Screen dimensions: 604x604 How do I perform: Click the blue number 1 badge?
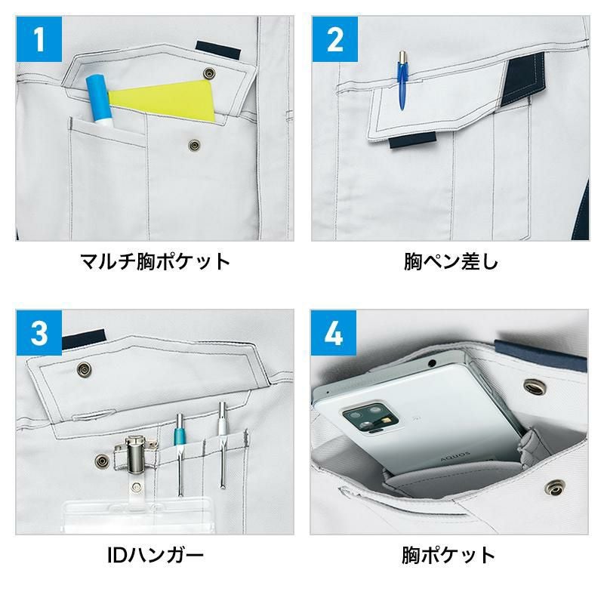click(x=39, y=39)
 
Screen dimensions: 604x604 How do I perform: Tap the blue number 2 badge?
click(x=334, y=39)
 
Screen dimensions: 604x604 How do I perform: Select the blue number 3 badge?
click(x=39, y=333)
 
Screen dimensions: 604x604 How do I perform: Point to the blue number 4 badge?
click(x=334, y=333)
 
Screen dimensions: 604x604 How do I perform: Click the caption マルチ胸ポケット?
click(x=155, y=261)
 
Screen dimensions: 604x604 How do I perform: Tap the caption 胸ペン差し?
click(x=451, y=261)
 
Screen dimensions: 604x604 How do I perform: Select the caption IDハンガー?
click(x=156, y=555)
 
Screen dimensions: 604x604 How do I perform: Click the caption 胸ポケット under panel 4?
click(x=448, y=555)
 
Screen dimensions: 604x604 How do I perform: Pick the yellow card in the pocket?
click(x=162, y=101)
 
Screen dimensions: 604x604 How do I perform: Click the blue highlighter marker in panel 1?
click(x=100, y=101)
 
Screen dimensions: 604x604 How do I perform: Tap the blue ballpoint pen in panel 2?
click(x=402, y=80)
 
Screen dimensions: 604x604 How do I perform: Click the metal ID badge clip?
click(x=136, y=455)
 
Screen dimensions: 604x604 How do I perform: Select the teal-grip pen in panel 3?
click(x=180, y=455)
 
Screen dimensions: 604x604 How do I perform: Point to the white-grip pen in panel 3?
click(x=222, y=445)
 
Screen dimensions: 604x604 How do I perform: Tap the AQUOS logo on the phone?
click(x=455, y=457)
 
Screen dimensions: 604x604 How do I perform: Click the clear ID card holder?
click(x=137, y=515)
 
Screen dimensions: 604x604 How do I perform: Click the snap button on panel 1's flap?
click(x=210, y=72)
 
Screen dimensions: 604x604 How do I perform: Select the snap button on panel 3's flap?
click(x=84, y=369)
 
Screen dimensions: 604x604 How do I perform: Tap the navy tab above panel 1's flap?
click(x=217, y=50)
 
